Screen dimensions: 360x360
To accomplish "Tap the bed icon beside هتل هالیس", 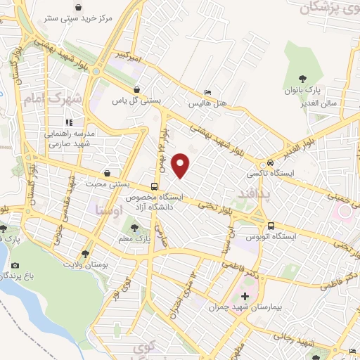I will [207, 92].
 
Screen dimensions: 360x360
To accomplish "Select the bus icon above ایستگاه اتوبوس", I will [271, 225].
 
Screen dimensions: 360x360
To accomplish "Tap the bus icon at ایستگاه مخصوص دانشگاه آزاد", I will [154, 186].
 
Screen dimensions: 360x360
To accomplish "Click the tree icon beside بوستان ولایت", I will [85, 254].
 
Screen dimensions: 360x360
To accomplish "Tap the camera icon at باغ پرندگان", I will [15, 266].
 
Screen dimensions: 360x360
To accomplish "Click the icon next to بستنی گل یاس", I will [136, 90].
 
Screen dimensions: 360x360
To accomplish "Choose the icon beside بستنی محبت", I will [106, 172].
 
